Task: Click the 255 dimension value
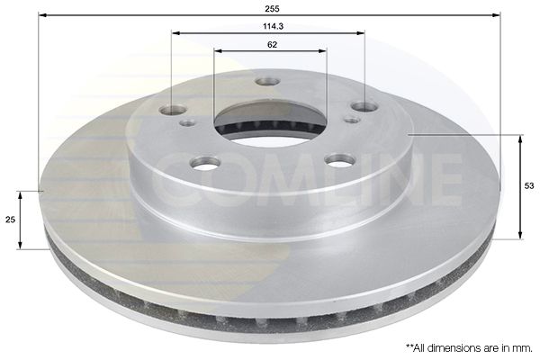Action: tap(272, 9)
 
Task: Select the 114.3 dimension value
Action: tap(273, 26)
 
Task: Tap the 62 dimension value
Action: tap(272, 45)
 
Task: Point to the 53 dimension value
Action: tap(529, 186)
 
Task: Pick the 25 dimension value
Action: tap(10, 220)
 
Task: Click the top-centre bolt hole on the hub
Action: tap(267, 82)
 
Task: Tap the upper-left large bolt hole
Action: tap(173, 110)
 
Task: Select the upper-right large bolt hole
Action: tap(364, 106)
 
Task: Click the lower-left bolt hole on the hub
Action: tap(205, 162)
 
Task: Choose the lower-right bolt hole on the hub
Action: tap(341, 160)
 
